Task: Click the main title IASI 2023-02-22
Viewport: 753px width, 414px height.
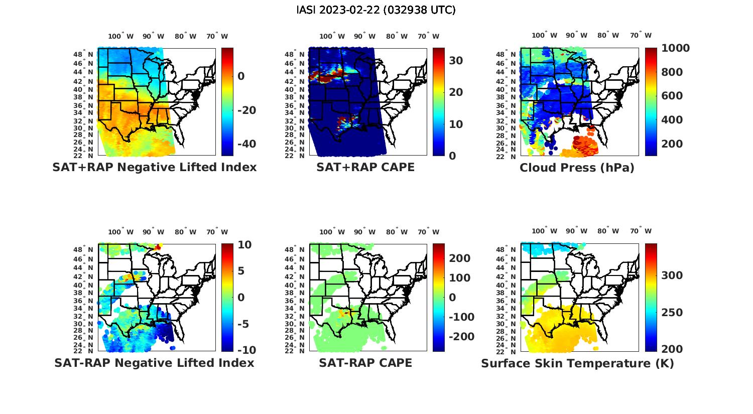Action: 376,10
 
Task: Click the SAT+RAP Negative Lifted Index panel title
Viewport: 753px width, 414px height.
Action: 154,167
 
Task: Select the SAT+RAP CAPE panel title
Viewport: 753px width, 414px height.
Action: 365,167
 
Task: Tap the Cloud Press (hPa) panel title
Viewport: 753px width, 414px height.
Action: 577,168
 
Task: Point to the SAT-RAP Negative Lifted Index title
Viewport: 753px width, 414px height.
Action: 154,363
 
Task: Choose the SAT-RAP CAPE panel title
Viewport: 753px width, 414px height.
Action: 365,363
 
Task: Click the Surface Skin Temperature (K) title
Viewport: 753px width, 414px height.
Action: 577,363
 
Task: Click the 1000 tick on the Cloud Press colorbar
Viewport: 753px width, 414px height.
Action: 675,48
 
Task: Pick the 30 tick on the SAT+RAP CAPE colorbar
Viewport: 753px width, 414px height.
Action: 455,61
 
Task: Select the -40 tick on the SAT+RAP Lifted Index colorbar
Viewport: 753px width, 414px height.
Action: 245,144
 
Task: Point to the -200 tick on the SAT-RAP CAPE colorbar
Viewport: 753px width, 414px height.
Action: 460,337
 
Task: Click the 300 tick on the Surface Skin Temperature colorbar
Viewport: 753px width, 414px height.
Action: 671,275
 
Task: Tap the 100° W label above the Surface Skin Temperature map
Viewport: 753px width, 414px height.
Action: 545,231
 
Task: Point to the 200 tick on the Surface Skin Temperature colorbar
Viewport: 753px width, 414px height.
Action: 671,349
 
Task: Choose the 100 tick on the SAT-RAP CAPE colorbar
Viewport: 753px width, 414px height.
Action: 459,278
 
